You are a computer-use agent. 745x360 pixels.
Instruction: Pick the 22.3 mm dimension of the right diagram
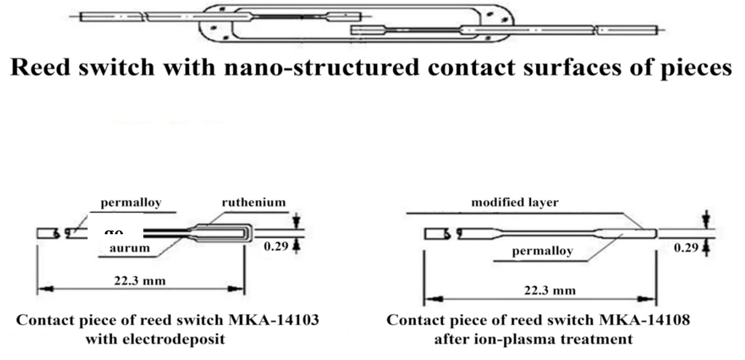[550, 290]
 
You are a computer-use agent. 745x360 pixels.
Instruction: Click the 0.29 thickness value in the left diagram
[277, 246]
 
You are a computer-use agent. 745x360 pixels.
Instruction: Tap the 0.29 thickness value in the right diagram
[687, 247]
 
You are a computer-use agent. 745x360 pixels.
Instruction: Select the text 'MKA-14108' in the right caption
[652, 320]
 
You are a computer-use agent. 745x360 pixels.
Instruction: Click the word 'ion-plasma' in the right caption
[538, 338]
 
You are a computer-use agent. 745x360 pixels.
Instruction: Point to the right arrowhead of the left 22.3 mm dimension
[241, 288]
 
